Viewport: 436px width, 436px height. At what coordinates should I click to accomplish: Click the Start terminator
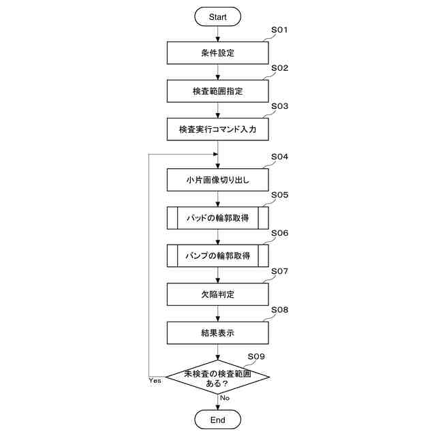[217, 16]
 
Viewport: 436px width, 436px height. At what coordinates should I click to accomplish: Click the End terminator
[217, 420]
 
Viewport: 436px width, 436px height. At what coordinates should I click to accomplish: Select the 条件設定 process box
[217, 52]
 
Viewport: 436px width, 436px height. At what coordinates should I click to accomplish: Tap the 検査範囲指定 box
[217, 91]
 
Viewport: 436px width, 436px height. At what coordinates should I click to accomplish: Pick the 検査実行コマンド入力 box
[217, 129]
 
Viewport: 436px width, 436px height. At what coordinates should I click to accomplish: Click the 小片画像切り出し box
[217, 180]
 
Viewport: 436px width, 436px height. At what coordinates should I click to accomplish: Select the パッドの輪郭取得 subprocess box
[217, 218]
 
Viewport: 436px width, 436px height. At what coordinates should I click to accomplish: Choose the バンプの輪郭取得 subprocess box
[217, 256]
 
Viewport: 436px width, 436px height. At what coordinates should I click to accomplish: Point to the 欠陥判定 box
[217, 294]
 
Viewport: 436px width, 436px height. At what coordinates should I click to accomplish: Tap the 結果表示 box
[217, 332]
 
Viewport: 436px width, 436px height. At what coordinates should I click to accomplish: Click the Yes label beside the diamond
[155, 381]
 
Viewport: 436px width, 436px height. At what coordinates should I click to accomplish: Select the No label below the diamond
[225, 397]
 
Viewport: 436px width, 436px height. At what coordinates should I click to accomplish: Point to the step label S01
[280, 31]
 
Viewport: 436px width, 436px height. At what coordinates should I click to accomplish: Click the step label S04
[280, 157]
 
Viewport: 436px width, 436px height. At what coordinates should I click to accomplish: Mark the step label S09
[256, 356]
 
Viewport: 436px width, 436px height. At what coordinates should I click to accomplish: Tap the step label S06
[280, 233]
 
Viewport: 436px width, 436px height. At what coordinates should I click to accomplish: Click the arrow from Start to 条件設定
[217, 34]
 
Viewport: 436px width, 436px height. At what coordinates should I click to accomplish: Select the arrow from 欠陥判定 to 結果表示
[217, 313]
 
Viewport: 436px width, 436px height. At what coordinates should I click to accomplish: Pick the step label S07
[280, 271]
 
